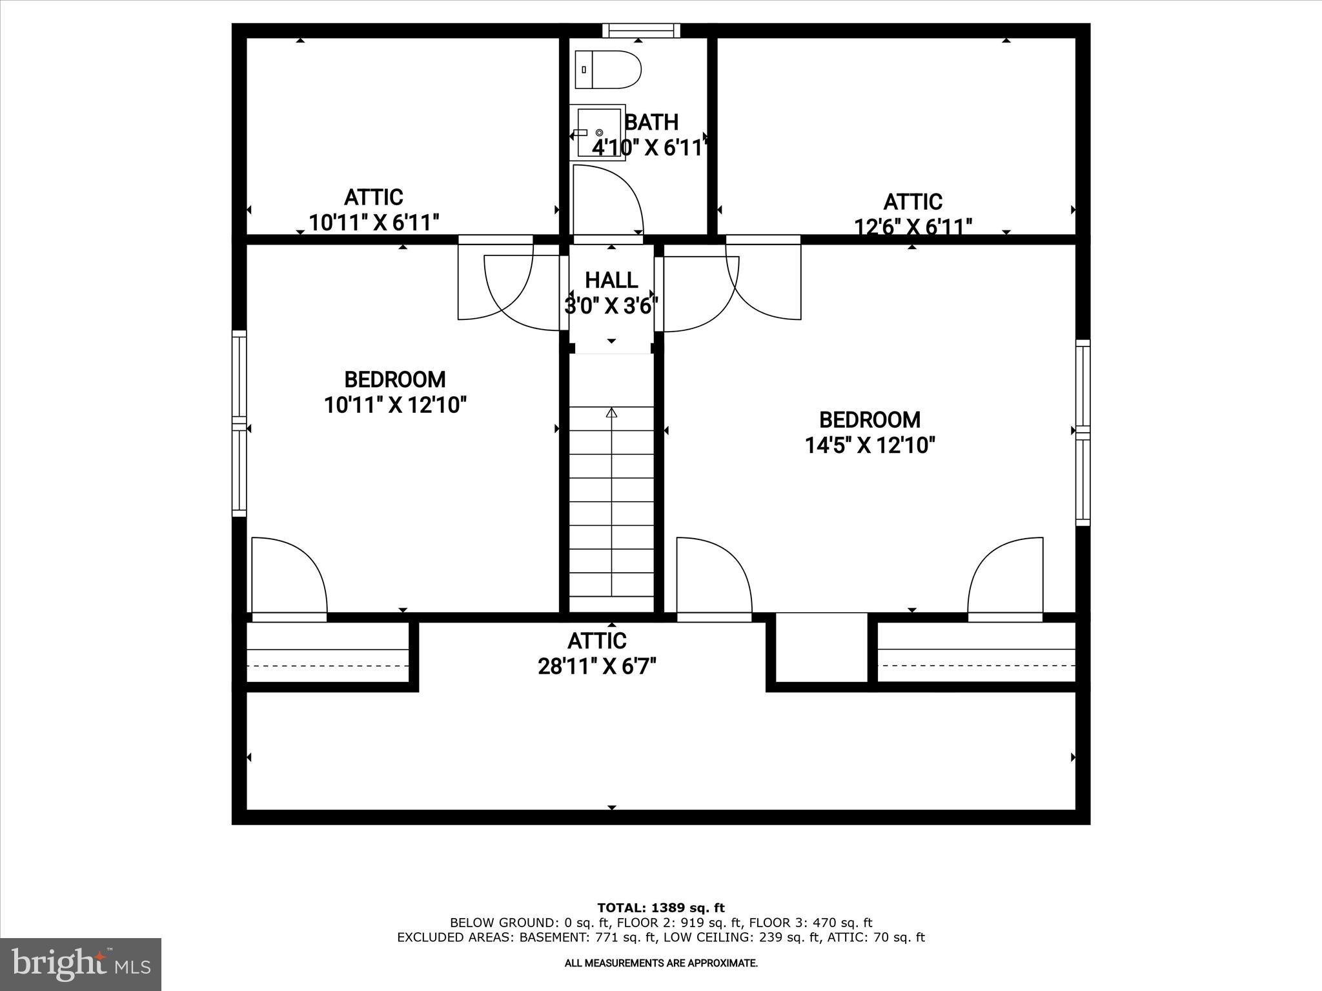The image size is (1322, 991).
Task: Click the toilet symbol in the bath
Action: [607, 69]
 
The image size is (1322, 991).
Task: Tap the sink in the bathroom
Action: [598, 132]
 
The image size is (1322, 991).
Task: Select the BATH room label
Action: [651, 122]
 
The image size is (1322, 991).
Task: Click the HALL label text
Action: [611, 280]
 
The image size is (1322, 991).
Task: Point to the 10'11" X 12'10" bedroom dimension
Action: [395, 405]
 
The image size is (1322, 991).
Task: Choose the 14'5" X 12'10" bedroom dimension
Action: [869, 445]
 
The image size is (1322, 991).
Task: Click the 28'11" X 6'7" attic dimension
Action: [597, 666]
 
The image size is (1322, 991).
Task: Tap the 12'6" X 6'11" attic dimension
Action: [913, 226]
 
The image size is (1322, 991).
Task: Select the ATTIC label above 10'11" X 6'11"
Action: [373, 197]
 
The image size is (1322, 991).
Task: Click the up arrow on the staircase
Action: [611, 413]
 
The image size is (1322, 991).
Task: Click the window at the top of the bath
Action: [642, 30]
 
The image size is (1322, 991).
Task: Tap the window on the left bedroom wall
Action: [239, 423]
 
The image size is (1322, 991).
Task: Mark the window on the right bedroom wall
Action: [1083, 432]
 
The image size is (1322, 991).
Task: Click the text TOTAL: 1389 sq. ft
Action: [660, 908]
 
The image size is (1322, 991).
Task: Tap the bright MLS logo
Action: [81, 964]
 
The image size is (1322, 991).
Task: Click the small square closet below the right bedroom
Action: [820, 646]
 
